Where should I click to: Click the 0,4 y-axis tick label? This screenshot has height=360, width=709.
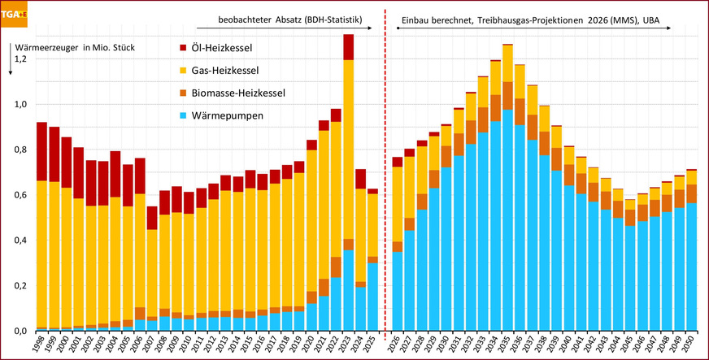[x=19, y=241]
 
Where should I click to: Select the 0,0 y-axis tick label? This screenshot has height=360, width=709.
[x=19, y=331]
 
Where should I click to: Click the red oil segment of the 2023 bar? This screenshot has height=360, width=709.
[x=348, y=47]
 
